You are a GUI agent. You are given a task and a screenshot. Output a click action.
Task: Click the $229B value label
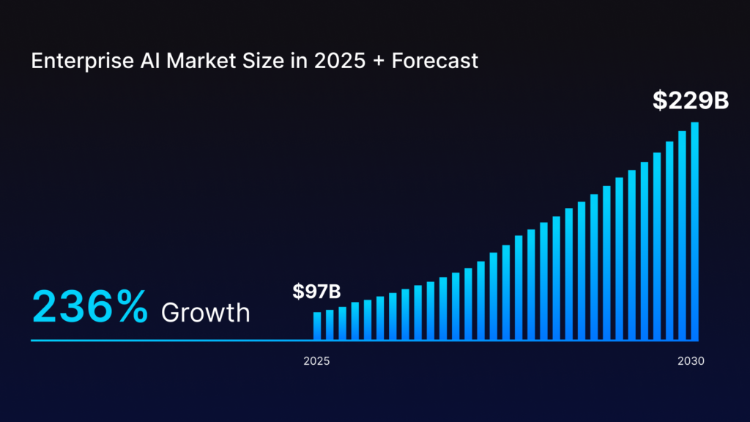point(691,101)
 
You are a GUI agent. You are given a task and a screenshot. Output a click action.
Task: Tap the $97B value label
point(316,292)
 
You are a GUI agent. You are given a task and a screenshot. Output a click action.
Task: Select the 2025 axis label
point(316,361)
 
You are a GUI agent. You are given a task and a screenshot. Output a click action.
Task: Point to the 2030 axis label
point(691,361)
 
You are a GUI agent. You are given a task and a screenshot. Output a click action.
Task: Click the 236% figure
point(90,306)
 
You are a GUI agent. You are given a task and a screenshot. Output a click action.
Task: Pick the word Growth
point(205,313)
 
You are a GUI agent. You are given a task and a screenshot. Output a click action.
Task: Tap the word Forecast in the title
point(435,61)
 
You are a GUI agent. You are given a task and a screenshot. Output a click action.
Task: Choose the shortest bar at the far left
point(317,326)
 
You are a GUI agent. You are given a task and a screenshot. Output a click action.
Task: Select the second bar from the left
point(330,325)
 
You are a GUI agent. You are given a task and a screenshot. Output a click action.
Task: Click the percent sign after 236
point(133,306)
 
